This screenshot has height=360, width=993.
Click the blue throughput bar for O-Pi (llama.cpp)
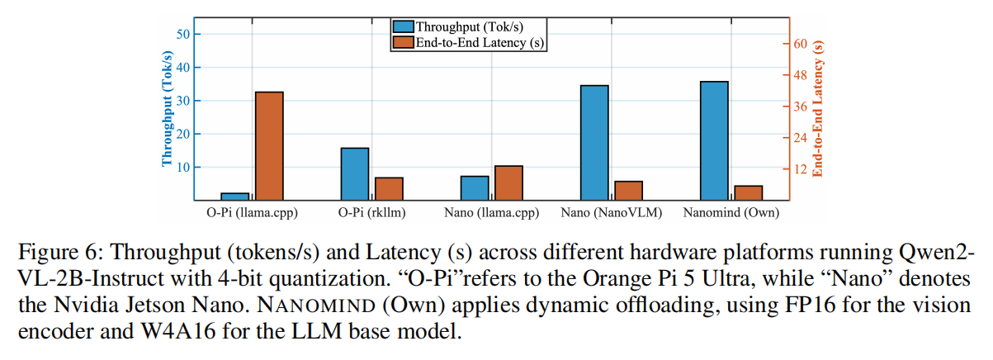234,196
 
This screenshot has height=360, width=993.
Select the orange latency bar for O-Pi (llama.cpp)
269,145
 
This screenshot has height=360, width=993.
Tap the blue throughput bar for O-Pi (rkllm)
355,173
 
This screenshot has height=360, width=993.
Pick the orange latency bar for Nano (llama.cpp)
508,182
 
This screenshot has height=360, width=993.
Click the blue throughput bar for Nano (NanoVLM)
594,142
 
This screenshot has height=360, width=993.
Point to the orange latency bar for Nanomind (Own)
749,192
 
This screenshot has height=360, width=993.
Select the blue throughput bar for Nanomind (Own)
714,140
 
